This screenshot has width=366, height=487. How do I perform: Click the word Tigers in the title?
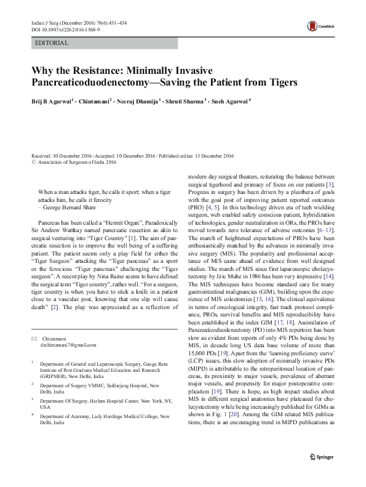click(280, 81)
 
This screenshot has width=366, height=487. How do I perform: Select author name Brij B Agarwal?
click(51, 100)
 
